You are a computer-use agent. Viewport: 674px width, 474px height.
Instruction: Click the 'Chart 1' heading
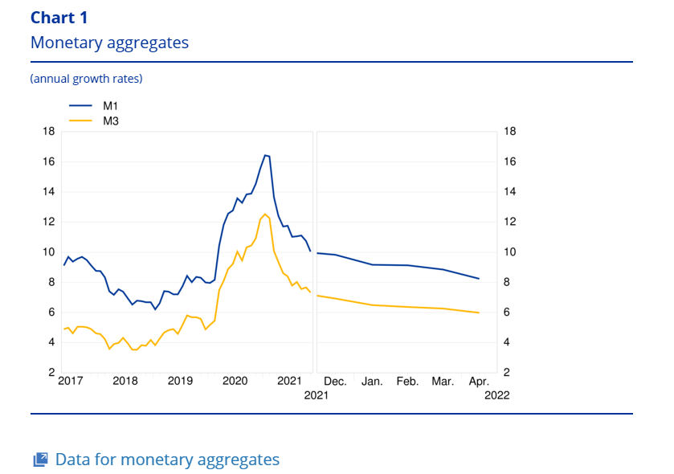click(x=59, y=18)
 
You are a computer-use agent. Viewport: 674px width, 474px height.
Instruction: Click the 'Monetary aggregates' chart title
click(x=109, y=43)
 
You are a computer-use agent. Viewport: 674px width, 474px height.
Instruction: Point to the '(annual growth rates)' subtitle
click(x=86, y=79)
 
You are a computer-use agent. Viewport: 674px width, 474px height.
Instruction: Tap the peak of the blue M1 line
click(x=264, y=155)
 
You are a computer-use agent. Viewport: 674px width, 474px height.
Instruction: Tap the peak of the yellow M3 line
click(x=264, y=215)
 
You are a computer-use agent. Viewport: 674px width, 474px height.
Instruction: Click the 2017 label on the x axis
click(x=71, y=381)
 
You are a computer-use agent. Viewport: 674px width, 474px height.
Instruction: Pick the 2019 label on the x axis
click(x=179, y=381)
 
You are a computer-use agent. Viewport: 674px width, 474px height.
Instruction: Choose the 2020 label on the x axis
click(x=235, y=381)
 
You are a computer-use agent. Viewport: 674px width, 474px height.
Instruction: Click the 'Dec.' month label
click(x=335, y=381)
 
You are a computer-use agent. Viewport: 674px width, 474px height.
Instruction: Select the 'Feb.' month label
click(x=407, y=381)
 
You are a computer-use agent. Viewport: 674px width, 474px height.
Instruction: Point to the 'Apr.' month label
click(x=479, y=381)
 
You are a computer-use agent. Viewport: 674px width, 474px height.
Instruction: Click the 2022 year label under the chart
click(x=496, y=395)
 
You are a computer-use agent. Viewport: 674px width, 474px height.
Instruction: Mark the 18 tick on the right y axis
click(x=509, y=132)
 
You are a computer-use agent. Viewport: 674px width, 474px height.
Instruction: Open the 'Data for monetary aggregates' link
click(x=167, y=460)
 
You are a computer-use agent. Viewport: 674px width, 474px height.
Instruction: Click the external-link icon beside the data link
click(x=40, y=460)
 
